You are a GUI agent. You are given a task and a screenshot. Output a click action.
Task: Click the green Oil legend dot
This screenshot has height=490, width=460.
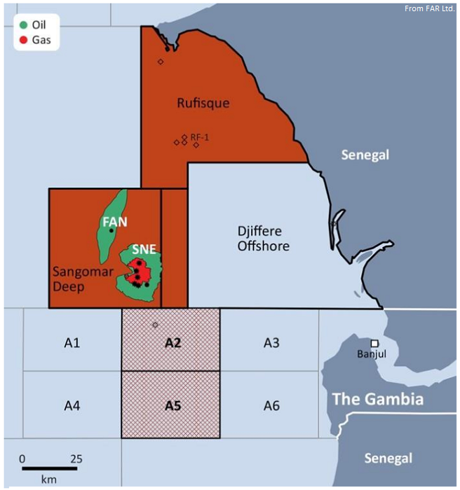(x=24, y=25)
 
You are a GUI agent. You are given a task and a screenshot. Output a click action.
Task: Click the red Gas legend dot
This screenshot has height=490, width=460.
(x=24, y=41)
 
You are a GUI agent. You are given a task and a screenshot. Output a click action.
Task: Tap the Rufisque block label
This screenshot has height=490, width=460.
(x=203, y=104)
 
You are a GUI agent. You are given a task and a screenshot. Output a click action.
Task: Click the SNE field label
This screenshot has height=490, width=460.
(x=143, y=248)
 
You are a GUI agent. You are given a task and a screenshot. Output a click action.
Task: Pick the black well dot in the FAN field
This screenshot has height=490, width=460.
(x=111, y=231)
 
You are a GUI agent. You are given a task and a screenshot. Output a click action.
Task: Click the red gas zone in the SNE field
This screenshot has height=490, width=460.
(x=140, y=272)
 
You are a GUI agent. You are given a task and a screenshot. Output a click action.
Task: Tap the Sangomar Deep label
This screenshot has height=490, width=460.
(x=79, y=277)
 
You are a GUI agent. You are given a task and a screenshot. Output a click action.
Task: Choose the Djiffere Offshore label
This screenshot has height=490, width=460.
(x=263, y=239)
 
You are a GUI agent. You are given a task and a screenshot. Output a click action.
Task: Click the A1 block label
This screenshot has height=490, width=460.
(x=72, y=343)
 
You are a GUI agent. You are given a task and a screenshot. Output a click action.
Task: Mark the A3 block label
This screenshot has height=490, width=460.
(x=271, y=343)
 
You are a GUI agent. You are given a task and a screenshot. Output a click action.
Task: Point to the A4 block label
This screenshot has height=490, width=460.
(x=72, y=405)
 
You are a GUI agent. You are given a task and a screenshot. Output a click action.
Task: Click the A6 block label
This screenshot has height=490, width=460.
(x=271, y=405)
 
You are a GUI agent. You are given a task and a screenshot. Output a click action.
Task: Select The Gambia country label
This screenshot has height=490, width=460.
(x=377, y=400)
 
